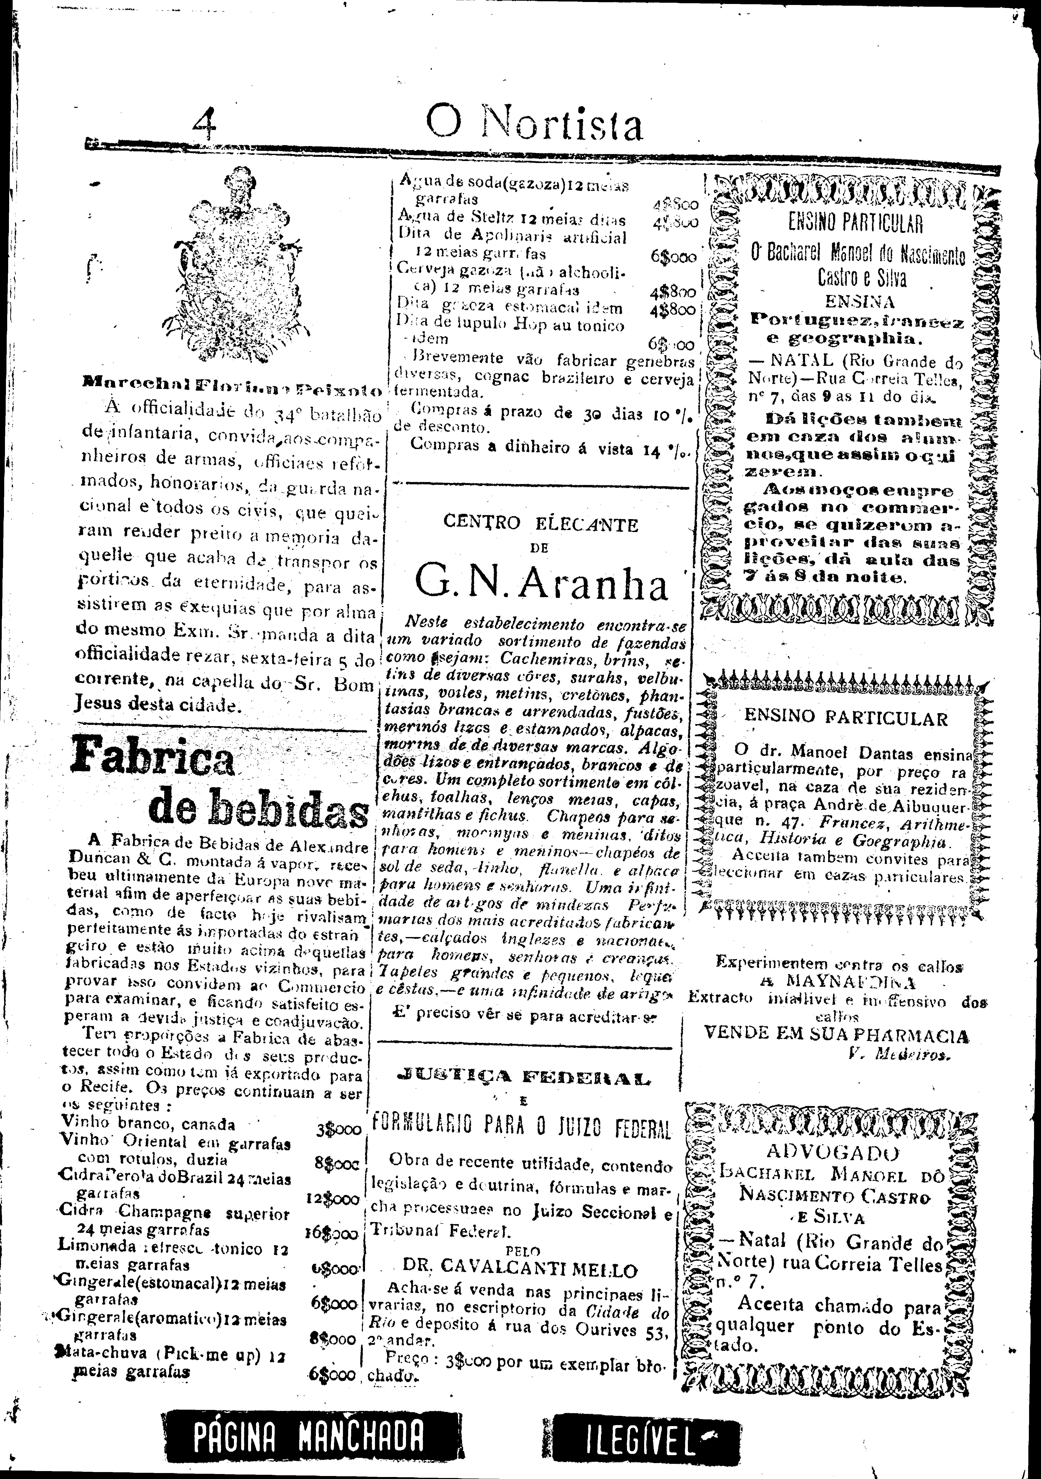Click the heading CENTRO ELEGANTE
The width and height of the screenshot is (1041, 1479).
point(541,525)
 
